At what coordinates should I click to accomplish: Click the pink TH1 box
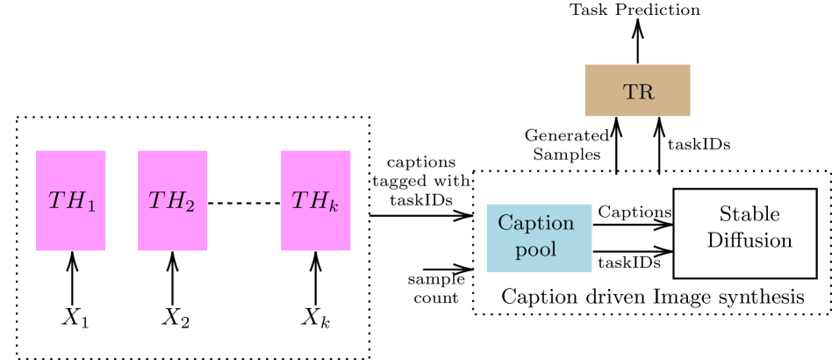[x=70, y=200]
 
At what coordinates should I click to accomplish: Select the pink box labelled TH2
[x=172, y=200]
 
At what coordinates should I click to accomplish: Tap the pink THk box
[x=315, y=200]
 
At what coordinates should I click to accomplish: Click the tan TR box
[x=637, y=90]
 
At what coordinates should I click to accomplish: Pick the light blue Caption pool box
[x=539, y=237]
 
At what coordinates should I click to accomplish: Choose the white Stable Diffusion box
[x=744, y=233]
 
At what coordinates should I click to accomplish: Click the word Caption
[x=535, y=223]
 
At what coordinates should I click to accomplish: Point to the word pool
[x=535, y=249]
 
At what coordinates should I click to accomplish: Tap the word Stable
[x=749, y=214]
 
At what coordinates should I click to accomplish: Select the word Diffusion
[x=750, y=240]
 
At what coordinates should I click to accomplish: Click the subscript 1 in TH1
[x=90, y=205]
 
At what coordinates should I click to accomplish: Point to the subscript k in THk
[x=333, y=206]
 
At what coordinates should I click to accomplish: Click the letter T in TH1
[x=54, y=200]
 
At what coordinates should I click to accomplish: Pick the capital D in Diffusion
[x=714, y=240]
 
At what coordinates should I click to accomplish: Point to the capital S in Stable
[x=724, y=214]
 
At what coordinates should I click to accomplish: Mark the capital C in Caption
[x=504, y=223]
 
